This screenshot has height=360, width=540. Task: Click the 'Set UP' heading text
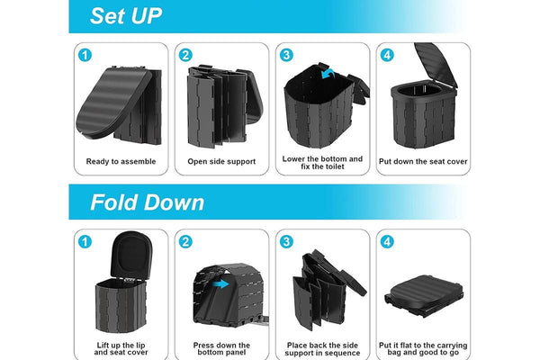[126, 16]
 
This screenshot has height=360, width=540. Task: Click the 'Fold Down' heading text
[147, 202]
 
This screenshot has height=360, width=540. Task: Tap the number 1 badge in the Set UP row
[85, 55]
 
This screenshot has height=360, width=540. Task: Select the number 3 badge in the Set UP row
[286, 55]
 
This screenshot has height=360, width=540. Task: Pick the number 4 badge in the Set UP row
[387, 55]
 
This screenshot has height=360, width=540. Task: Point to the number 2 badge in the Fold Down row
[185, 242]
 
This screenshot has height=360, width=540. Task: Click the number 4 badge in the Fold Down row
[387, 242]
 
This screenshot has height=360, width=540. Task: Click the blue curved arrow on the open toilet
[328, 73]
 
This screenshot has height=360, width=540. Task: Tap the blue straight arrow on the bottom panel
[220, 284]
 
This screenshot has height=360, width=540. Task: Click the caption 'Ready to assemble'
[121, 162]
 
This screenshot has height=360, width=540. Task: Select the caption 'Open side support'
[221, 162]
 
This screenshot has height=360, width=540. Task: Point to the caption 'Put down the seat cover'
[423, 162]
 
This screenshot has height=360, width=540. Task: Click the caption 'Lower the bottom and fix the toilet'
[322, 163]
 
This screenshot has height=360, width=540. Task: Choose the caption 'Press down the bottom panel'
[221, 348]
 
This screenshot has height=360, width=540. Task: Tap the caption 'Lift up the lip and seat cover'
[121, 348]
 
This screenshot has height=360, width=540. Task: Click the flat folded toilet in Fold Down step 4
[424, 295]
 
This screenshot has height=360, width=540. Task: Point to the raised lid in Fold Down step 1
[131, 255]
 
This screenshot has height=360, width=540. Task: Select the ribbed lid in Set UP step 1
[113, 103]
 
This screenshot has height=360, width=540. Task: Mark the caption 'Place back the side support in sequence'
[322, 349]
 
